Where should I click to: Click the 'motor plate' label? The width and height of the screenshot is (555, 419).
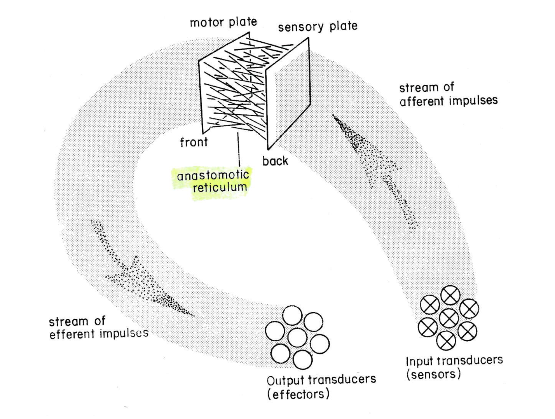point(223,22)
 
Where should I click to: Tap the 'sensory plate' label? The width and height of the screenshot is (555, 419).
point(318,26)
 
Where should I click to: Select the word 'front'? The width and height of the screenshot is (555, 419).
point(194,142)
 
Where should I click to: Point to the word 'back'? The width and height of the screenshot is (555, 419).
point(275,161)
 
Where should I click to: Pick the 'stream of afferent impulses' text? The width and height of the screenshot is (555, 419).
point(448,94)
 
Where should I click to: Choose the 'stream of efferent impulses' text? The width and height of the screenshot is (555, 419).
point(98,328)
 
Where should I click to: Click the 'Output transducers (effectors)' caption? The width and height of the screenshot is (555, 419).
point(321,387)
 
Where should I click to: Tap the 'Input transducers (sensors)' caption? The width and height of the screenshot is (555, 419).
point(454,367)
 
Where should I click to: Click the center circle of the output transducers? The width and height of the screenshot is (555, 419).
point(298,337)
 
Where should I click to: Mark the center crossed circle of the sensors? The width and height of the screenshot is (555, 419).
point(449,318)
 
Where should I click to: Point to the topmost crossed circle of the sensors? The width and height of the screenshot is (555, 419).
point(450,296)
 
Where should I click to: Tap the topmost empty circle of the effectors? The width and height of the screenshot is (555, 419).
point(292,316)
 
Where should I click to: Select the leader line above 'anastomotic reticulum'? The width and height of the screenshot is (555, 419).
point(238,150)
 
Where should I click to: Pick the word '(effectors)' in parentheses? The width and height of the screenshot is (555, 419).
point(298,394)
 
